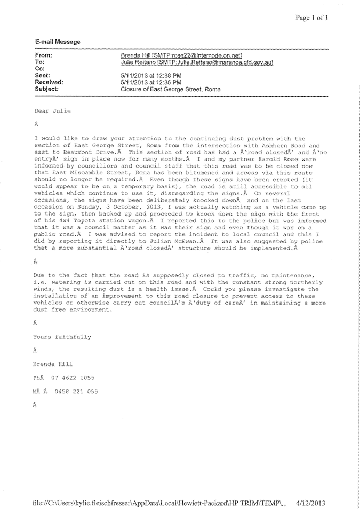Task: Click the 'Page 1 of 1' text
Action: (312, 18)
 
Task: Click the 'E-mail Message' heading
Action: (58, 42)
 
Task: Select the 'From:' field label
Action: (43, 55)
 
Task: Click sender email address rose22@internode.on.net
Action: (211, 55)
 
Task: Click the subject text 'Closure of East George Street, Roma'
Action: (171, 89)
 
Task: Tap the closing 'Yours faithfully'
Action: (62, 337)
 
